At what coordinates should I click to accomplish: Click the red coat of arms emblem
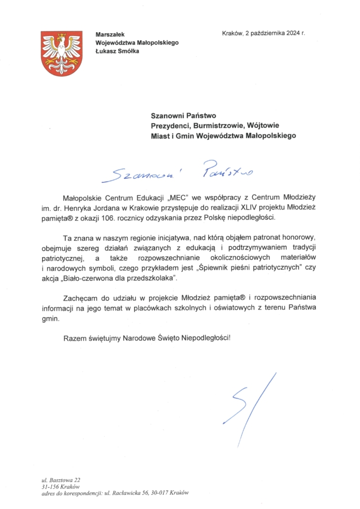pos(61,53)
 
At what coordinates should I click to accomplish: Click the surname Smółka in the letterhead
pos(128,51)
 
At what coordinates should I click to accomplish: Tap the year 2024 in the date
pos(288,34)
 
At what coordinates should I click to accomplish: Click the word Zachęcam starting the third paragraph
pos(81,298)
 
